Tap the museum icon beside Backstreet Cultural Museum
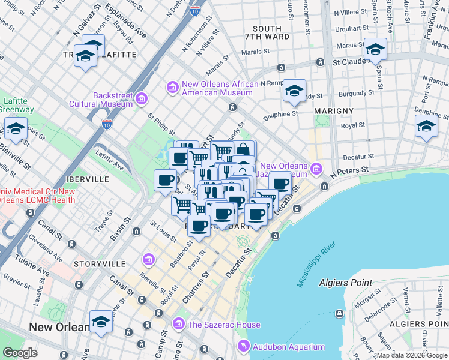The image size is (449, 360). tap(142, 98)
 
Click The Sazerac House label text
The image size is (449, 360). tap(224, 325)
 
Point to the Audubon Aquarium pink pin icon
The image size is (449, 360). tap(243, 346)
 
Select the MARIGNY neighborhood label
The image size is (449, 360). tap(332, 111)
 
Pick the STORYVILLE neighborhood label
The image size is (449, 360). tap(100, 263)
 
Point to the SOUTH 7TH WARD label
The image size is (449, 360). tap(267, 33)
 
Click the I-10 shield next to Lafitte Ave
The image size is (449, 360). tap(106, 124)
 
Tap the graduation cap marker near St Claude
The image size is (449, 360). tap(375, 49)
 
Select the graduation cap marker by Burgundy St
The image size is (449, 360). tap(294, 90)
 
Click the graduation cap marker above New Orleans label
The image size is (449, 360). tap(101, 322)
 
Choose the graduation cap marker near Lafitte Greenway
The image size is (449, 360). tap(16, 128)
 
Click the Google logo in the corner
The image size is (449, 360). tap(20, 352)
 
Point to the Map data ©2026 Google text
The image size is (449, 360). tap(412, 355)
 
